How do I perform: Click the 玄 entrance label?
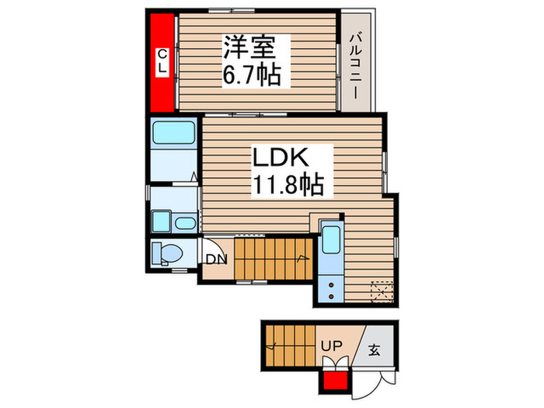click(374, 349)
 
